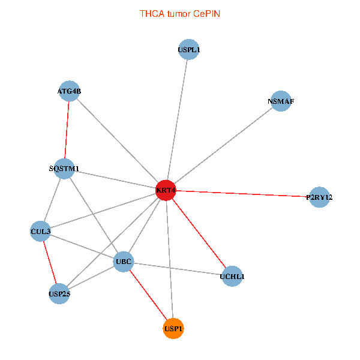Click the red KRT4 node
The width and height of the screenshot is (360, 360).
pyautogui.click(x=166, y=190)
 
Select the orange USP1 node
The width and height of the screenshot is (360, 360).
pyautogui.click(x=173, y=329)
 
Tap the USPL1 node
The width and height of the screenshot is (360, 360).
pyautogui.click(x=189, y=49)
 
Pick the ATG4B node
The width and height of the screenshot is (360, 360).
pyautogui.click(x=70, y=91)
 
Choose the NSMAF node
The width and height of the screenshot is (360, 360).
pyautogui.click(x=281, y=101)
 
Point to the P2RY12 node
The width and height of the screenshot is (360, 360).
pyautogui.click(x=319, y=197)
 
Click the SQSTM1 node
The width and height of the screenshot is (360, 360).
pyautogui.click(x=64, y=169)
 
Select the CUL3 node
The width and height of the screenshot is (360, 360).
pyautogui.click(x=40, y=231)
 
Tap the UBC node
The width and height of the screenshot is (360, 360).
pyautogui.click(x=124, y=262)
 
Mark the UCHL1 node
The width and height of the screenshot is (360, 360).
pyautogui.click(x=232, y=277)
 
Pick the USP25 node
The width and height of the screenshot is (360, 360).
pyautogui.click(x=59, y=293)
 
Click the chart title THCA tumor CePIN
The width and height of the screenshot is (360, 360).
pyautogui.click(x=180, y=14)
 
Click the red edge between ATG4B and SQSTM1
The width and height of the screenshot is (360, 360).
pyautogui.click(x=67, y=130)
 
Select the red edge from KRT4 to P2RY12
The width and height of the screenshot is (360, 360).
pyautogui.click(x=242, y=194)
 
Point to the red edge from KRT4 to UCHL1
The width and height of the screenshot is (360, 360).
pyautogui.click(x=199, y=233)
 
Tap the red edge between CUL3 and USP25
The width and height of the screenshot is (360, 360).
pyautogui.click(x=50, y=262)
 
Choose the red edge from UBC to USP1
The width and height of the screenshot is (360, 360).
pyautogui.click(x=148, y=295)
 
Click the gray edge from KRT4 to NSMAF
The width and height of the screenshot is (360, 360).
pyautogui.click(x=223, y=146)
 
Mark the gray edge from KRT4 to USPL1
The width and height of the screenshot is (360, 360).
pyautogui.click(x=177, y=120)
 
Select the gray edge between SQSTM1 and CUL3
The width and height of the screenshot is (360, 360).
pyautogui.click(x=52, y=200)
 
